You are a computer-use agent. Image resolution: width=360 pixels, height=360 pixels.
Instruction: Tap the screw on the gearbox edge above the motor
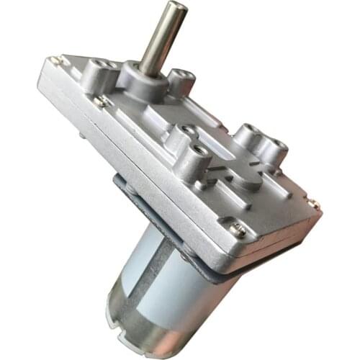238,230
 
